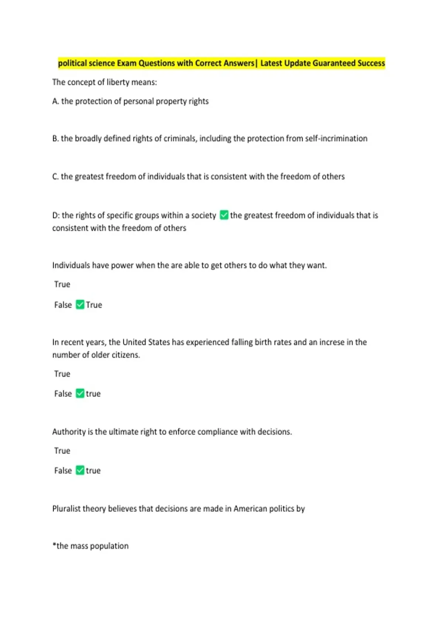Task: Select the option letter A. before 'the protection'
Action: click(55, 101)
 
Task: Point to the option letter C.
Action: click(55, 177)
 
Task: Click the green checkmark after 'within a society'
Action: click(224, 215)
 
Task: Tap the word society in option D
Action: click(203, 215)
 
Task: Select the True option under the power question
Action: click(62, 284)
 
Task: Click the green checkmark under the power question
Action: click(80, 304)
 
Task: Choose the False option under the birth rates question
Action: click(63, 394)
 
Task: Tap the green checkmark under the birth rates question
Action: click(80, 393)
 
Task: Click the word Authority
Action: click(69, 432)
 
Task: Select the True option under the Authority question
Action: click(62, 451)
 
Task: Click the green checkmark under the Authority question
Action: click(80, 470)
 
